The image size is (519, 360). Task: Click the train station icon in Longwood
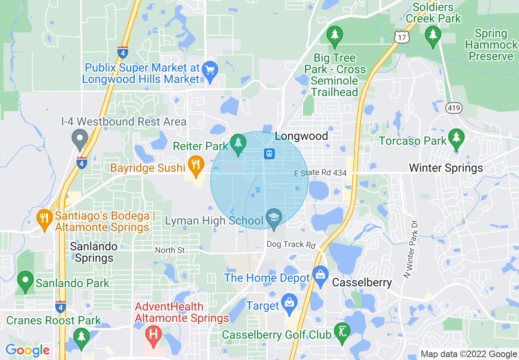(269, 154)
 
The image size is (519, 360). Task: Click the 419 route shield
(454, 108)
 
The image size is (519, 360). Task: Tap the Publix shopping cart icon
(210, 70)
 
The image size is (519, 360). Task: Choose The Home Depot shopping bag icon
(320, 275)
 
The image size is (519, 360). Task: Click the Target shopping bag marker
(289, 303)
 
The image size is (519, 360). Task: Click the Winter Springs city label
(446, 168)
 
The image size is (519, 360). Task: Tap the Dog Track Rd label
(291, 245)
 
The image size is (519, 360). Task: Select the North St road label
(170, 250)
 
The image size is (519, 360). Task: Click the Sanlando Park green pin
(25, 281)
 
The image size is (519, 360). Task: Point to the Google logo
(27, 350)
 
